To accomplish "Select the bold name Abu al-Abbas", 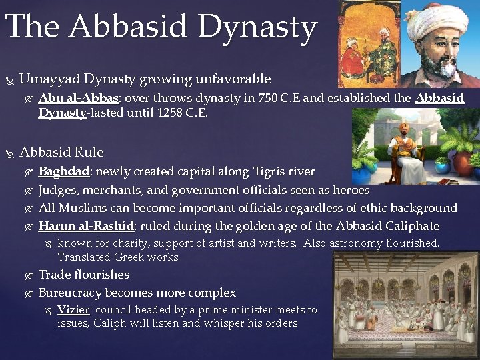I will click(78, 98).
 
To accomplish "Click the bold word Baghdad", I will click(64, 171).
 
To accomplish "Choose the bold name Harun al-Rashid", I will click(87, 225).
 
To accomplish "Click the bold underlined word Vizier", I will click(73, 310).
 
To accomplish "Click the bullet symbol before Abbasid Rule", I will click(9, 153).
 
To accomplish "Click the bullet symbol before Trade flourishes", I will click(27, 275).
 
